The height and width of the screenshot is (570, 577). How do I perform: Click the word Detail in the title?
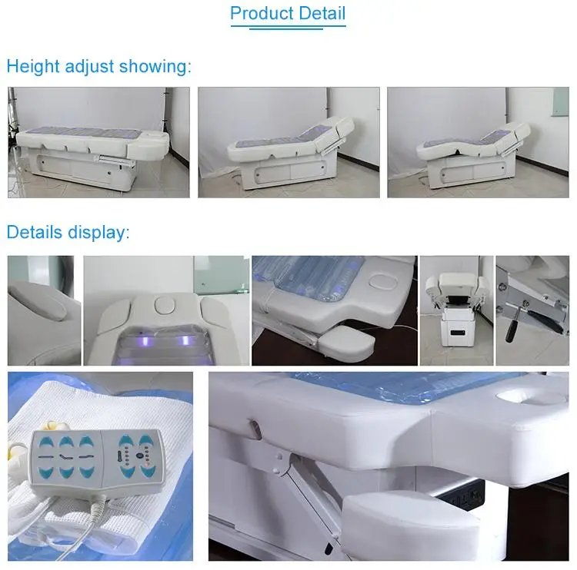click(321, 14)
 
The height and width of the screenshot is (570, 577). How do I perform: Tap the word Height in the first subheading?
click(31, 67)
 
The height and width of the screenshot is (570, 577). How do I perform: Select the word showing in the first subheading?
click(158, 67)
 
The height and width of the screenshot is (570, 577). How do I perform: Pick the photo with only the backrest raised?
click(288, 142)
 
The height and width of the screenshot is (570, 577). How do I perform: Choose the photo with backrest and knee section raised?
click(478, 142)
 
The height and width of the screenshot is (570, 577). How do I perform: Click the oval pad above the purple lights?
click(165, 305)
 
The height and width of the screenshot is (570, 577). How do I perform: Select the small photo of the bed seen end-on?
click(456, 310)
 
